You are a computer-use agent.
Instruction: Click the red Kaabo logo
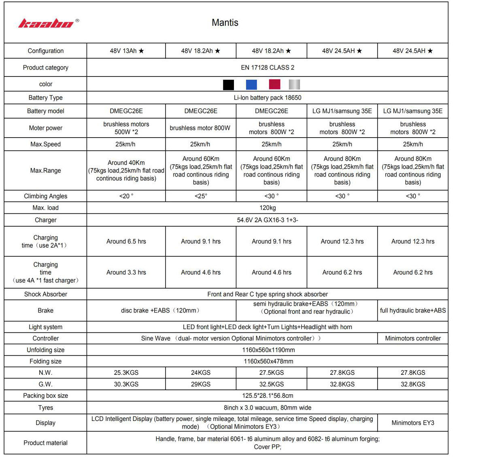point(46,23)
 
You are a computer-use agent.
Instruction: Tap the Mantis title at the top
point(225,23)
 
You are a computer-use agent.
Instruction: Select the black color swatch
point(228,84)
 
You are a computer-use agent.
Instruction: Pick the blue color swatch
point(251,84)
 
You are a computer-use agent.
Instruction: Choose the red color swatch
point(274,84)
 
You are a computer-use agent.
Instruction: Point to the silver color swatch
point(294,84)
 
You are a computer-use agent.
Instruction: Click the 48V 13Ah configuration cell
point(126,51)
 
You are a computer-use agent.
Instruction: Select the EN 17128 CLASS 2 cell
point(268,68)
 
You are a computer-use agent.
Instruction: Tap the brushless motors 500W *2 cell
point(126,128)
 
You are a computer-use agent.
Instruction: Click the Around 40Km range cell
point(126,170)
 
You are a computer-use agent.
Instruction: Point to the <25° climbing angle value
point(201,196)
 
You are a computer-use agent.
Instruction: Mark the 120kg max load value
point(268,208)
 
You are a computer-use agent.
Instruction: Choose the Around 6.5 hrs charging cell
point(126,241)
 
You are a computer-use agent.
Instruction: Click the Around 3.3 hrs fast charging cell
point(126,272)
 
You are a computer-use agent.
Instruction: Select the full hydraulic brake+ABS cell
point(413,310)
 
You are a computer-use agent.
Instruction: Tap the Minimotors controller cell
point(413,338)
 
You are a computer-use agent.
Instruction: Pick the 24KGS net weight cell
point(201,372)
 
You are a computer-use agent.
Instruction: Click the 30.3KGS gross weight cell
point(126,384)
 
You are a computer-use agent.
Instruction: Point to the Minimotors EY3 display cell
point(413,423)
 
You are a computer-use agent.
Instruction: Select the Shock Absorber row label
point(46,294)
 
